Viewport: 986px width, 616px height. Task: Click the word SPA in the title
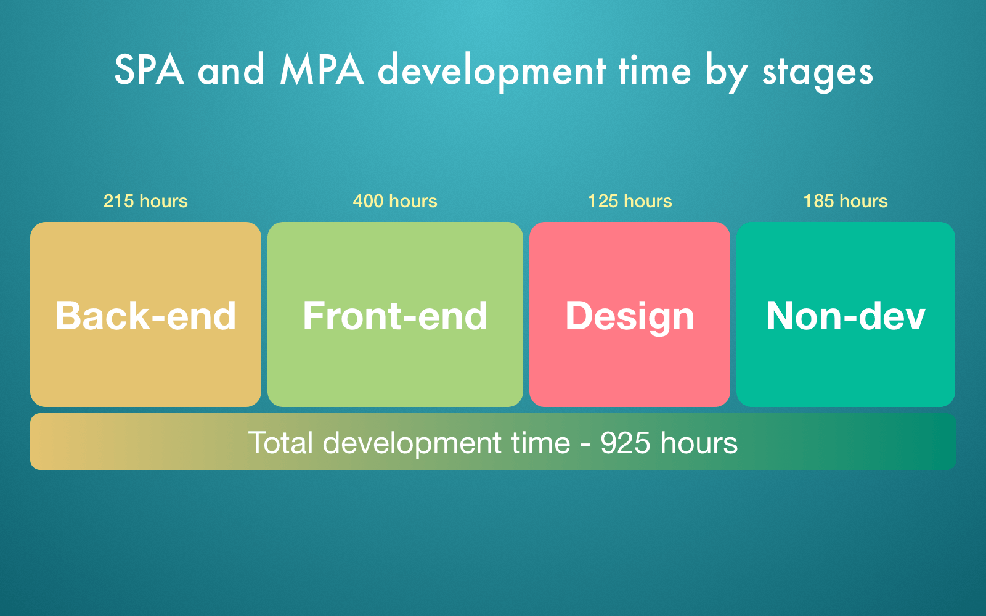[x=149, y=70]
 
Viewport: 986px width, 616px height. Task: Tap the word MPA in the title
[x=322, y=70]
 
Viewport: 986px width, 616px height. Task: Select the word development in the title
[x=491, y=72]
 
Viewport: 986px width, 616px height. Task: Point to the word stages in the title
[x=817, y=73]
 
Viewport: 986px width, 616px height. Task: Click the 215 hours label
[x=145, y=201]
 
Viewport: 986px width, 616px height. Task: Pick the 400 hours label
[x=395, y=201]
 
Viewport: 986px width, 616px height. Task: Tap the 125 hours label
[x=630, y=201]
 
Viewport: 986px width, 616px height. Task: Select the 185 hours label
[x=845, y=201]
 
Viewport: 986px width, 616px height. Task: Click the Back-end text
[x=145, y=315]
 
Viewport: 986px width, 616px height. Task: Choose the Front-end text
[x=395, y=315]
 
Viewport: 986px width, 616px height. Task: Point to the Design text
[x=630, y=317]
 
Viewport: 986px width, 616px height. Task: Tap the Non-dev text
[x=845, y=315]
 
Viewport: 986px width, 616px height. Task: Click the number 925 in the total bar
[x=625, y=443]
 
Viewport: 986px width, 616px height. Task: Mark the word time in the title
[x=654, y=70]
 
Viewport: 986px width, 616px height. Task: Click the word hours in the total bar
[x=699, y=443]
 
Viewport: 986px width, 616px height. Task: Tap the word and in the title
[x=231, y=70]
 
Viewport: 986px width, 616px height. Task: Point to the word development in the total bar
[x=412, y=444]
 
